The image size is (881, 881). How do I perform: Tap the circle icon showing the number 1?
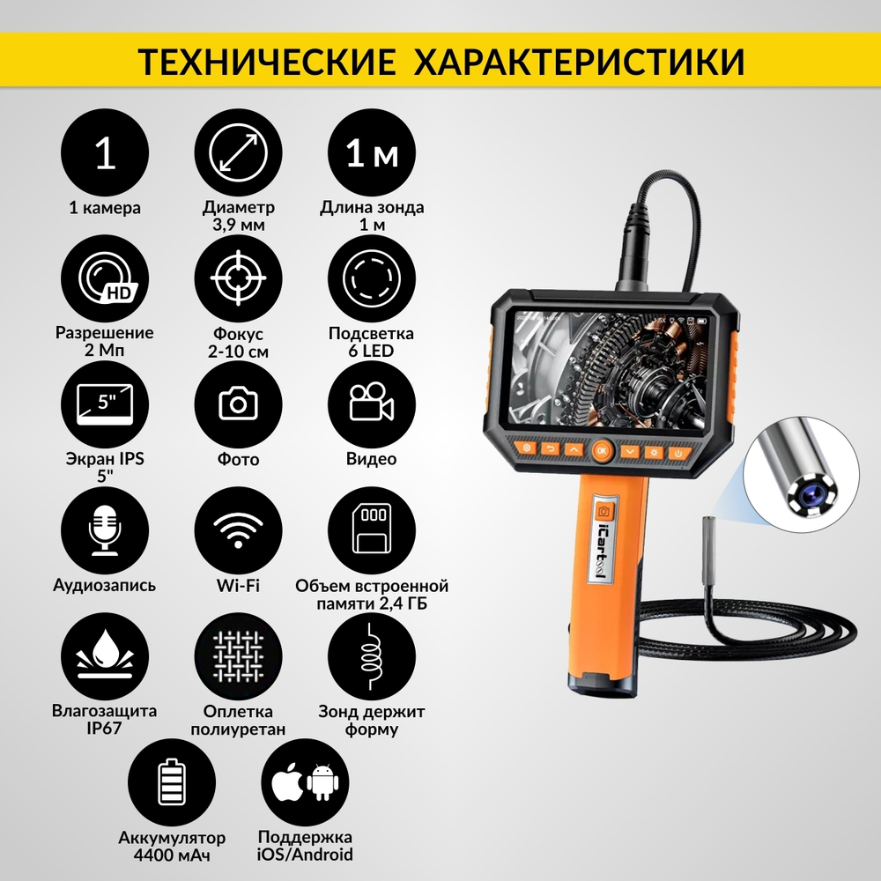(x=106, y=155)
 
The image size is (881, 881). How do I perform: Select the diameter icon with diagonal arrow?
(x=238, y=155)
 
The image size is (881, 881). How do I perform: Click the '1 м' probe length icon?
(x=371, y=155)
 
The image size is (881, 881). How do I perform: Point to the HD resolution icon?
(x=106, y=280)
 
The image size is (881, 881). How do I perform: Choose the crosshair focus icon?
(x=238, y=280)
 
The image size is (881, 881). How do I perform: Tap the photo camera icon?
(x=238, y=404)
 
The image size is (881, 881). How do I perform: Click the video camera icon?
(x=371, y=404)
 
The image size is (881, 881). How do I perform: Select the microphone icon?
(x=106, y=530)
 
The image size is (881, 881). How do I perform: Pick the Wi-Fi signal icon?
(x=238, y=530)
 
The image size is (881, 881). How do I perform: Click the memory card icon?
(x=371, y=530)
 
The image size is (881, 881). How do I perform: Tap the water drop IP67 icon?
(x=106, y=656)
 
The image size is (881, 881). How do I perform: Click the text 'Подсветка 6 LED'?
(x=371, y=343)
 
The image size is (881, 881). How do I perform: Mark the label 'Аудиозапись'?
(x=106, y=585)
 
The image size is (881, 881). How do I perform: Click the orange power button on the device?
(x=677, y=453)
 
